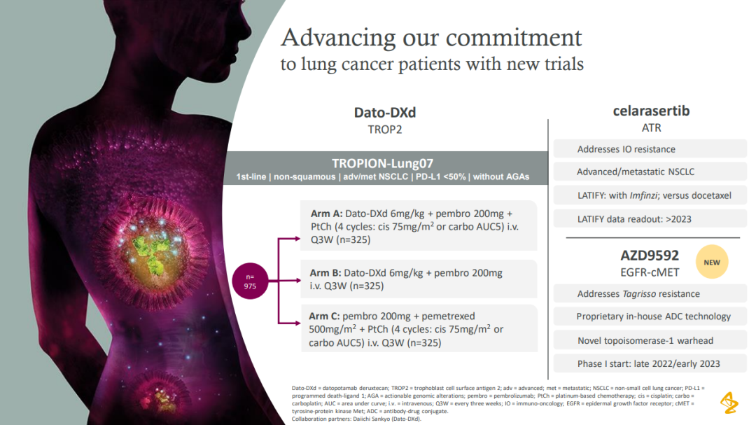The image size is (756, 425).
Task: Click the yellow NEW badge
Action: click(x=712, y=262)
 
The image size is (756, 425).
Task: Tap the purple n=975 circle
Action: click(x=250, y=281)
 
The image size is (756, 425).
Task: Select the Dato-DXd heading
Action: click(x=385, y=113)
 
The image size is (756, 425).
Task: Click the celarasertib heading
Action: click(x=651, y=111)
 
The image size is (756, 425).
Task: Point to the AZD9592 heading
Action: click(x=650, y=255)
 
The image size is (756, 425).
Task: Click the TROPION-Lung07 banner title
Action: click(x=382, y=163)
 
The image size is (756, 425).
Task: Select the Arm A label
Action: click(x=326, y=214)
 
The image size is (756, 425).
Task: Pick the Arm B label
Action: click(x=325, y=272)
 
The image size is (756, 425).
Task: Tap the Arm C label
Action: click(x=324, y=316)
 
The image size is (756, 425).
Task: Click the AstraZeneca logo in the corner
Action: click(x=729, y=403)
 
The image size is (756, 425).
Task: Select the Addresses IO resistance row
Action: click(x=650, y=149)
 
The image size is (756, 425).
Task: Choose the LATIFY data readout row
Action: click(x=650, y=219)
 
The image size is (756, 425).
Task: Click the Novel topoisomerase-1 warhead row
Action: click(x=650, y=340)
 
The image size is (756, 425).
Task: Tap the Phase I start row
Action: click(x=650, y=363)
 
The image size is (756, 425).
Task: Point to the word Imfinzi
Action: click(x=645, y=195)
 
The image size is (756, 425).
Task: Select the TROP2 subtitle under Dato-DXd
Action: click(x=385, y=130)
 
